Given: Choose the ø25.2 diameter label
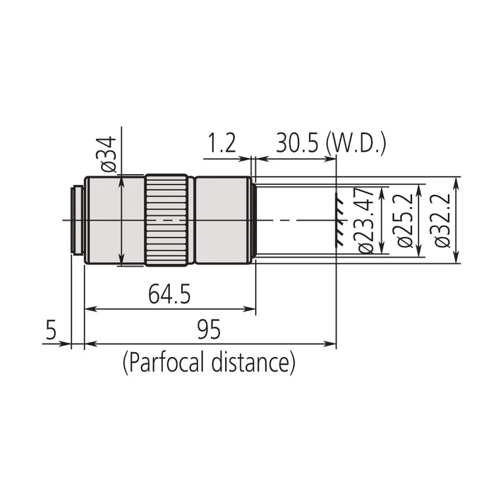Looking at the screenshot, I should pos(404,219).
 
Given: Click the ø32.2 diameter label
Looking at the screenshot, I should pos(442,219).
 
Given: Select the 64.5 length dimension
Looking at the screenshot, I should pos(169,293).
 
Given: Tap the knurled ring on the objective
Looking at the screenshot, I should pos(168,220).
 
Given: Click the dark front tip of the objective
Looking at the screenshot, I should pos(253,220).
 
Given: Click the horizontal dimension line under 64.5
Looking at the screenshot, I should pos(169,309).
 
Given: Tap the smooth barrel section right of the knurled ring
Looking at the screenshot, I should pos(222,220).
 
